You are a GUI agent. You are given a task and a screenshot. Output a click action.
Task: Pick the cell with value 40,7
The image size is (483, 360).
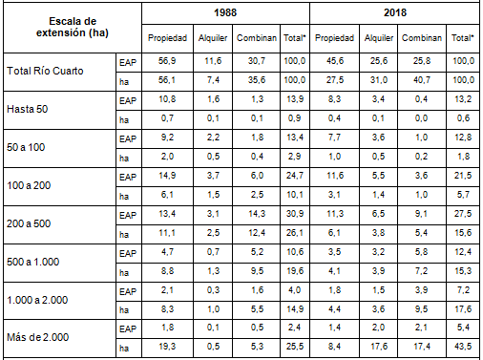point(422,80)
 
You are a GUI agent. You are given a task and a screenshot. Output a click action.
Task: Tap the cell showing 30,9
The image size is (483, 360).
point(292,211)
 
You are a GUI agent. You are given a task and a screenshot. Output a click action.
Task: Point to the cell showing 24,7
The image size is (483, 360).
point(292,174)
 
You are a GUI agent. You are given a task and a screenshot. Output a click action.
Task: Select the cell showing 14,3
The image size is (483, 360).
point(253,211)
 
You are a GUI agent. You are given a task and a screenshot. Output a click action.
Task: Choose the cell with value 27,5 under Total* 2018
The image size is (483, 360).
point(461,211)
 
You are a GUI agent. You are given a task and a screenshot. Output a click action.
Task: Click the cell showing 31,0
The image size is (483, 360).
point(380,80)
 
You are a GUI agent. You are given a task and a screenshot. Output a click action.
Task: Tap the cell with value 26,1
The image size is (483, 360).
point(292,229)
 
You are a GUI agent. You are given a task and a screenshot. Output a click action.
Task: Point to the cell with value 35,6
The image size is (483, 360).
point(253,80)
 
